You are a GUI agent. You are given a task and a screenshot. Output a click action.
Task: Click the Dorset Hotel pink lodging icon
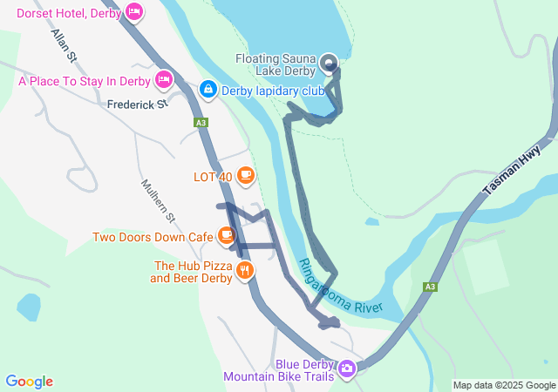[x=133, y=12]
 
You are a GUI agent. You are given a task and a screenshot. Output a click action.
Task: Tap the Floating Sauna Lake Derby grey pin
[x=329, y=63]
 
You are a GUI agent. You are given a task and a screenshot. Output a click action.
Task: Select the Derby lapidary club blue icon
[x=208, y=89]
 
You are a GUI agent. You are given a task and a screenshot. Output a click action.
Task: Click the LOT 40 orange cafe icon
[x=245, y=176]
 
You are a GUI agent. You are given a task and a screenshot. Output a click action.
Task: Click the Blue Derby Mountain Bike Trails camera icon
[x=347, y=368]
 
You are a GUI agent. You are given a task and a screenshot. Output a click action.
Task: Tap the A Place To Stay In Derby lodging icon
[x=163, y=81]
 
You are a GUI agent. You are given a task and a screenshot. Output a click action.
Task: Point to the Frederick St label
[x=137, y=104]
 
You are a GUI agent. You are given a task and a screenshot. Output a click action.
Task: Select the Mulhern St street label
[x=159, y=201]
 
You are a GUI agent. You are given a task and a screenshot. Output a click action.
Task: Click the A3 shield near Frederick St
[x=201, y=124]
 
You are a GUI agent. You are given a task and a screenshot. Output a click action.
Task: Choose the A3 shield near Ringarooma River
[x=430, y=287]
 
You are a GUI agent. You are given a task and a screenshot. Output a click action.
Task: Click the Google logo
[x=29, y=382]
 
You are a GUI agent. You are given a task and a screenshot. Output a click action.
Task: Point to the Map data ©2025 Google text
[x=504, y=385]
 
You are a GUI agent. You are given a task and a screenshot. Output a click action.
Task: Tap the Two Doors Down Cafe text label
[x=153, y=236]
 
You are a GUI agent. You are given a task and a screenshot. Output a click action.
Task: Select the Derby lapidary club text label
[x=272, y=90]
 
